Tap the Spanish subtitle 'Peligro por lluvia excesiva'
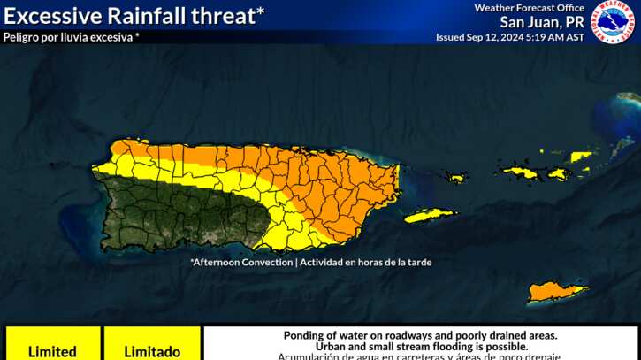71,37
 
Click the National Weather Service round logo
613,22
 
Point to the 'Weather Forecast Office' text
529,8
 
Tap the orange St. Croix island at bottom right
556,290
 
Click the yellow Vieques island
430,214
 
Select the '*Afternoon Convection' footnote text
240,262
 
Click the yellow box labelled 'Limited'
52,351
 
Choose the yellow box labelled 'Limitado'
152,351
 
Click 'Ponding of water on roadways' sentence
420,335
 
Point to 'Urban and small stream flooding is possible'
420,347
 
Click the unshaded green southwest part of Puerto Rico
177,212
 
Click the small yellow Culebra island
456,178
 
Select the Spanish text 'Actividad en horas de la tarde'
367,262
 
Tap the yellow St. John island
558,173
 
